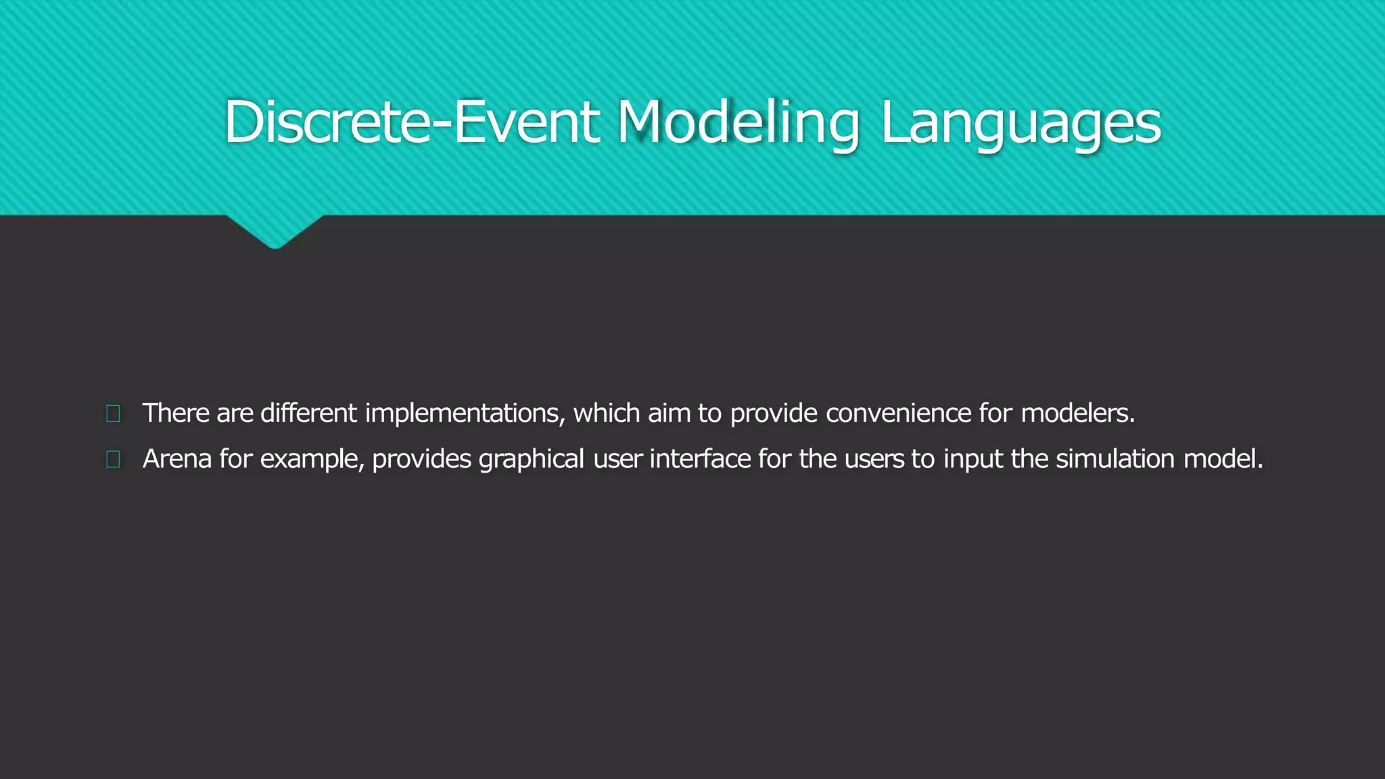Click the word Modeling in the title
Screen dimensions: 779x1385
click(738, 122)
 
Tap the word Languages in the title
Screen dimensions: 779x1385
click(1020, 122)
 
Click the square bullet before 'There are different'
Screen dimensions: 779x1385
click(114, 413)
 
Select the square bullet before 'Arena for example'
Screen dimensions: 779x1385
click(114, 459)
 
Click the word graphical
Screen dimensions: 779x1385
click(531, 459)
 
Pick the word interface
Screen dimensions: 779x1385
click(700, 459)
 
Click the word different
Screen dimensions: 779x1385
click(308, 413)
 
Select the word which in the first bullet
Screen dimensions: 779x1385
click(607, 413)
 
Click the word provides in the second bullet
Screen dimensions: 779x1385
click(421, 459)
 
